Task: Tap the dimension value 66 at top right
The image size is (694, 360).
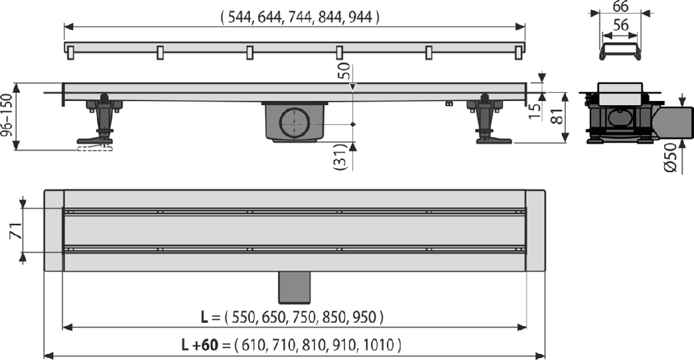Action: coord(621,7)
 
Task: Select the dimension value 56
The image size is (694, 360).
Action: coord(621,25)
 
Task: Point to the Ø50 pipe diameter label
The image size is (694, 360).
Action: coord(671,157)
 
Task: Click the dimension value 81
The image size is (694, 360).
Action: coord(558,116)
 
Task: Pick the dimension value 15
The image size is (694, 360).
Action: coord(535,111)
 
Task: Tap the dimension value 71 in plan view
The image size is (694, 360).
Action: coord(16,231)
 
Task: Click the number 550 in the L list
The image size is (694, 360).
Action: coord(243,317)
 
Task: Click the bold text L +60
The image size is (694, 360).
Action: coord(200,344)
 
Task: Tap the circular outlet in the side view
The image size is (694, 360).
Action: coord(294,123)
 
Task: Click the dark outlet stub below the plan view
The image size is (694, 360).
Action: coord(294,287)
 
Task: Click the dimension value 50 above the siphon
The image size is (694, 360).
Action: coord(344,71)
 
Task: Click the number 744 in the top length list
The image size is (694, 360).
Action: coord(300,17)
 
